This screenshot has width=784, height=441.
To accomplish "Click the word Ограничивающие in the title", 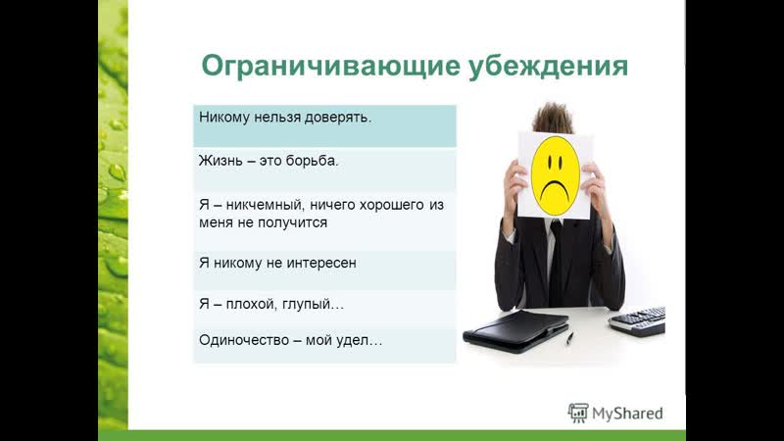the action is tap(330, 67).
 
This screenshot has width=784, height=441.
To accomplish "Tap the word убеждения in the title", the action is tap(548, 66).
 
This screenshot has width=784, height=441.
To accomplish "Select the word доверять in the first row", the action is tap(338, 118).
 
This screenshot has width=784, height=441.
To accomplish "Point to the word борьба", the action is tap(313, 161).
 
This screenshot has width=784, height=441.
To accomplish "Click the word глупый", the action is tap(313, 305).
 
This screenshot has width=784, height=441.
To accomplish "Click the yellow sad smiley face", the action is tap(555, 175).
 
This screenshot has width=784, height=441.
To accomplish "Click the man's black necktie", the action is tap(556, 260).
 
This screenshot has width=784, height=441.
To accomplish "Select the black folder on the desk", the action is tap(516, 330).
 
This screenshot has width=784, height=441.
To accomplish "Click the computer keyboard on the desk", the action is tap(638, 320).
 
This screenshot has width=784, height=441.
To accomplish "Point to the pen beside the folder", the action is tap(569, 337).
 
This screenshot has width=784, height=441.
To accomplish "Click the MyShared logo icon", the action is tap(578, 413).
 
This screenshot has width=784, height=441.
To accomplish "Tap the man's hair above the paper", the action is tap(553, 118).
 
